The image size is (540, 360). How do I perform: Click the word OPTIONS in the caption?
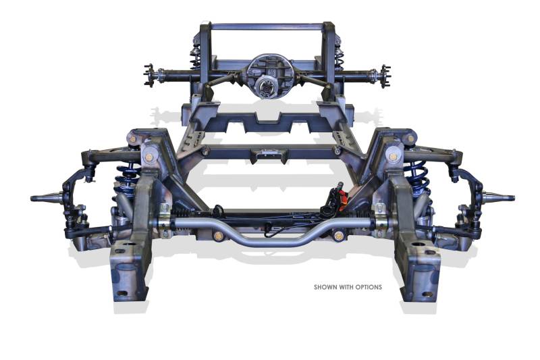(369, 287)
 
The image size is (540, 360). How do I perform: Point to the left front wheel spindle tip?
(32, 198)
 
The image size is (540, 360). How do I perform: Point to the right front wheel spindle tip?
(512, 198)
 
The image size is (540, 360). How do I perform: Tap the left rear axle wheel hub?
(149, 75)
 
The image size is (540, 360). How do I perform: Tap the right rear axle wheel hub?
(385, 76)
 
